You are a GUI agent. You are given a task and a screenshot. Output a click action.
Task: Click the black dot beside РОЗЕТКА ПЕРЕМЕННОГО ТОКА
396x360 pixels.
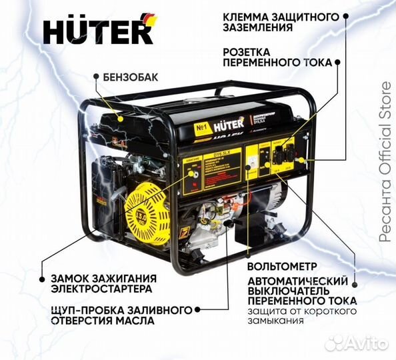pos(337,61)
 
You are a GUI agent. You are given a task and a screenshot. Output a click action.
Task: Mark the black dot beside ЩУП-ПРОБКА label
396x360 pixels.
pos(199,310)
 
